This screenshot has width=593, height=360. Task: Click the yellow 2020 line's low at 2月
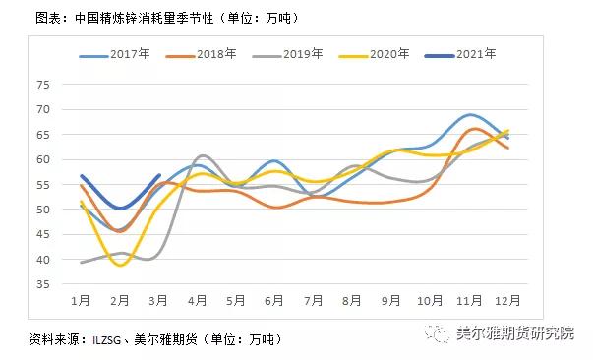(x=120, y=266)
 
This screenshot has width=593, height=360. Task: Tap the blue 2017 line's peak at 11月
(x=470, y=115)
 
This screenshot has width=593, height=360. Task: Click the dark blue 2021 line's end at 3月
(x=159, y=175)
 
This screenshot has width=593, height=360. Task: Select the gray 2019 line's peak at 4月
(x=202, y=155)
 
